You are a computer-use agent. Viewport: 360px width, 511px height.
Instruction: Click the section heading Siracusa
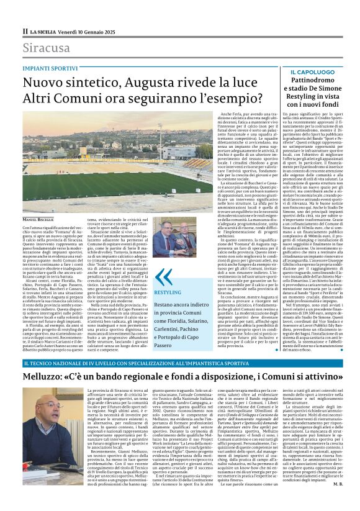pyautogui.click(x=47, y=48)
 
